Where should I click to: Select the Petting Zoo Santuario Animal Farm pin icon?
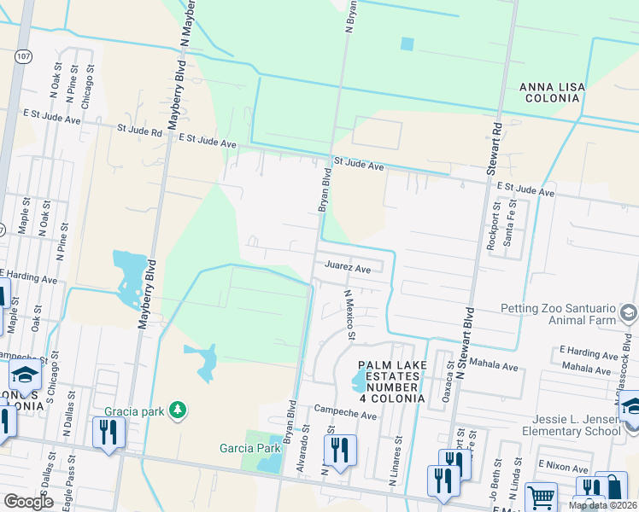629,312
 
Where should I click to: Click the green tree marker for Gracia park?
178,410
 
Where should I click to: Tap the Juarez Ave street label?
347,268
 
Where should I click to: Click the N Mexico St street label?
349,314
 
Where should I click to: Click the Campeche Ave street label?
345,415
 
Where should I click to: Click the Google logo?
28,501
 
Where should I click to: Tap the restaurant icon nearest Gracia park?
108,433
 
